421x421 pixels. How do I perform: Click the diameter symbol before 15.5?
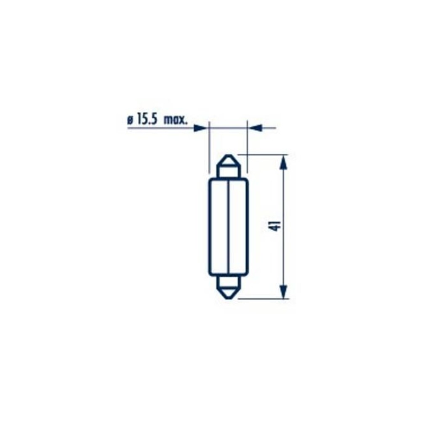click(x=130, y=120)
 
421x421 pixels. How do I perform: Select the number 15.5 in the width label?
click(x=147, y=120)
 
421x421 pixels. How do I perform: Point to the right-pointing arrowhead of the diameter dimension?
click(x=200, y=128)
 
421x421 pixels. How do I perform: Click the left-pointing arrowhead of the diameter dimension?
click(x=255, y=128)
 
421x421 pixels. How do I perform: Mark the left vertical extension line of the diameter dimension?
click(x=209, y=147)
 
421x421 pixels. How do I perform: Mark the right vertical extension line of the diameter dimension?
click(x=247, y=147)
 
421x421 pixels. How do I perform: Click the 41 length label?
click(x=277, y=226)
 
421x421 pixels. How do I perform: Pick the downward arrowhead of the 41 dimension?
click(x=283, y=291)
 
